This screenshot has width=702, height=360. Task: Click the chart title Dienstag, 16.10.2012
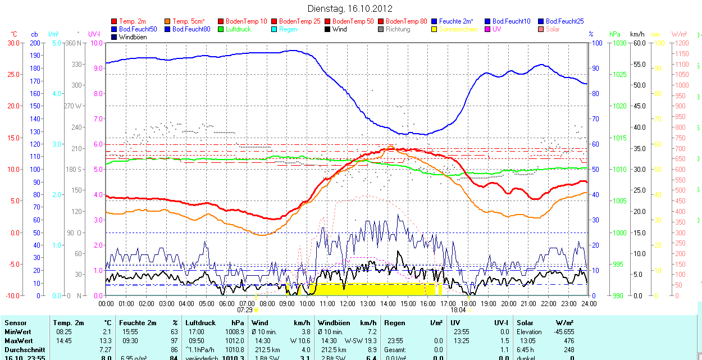coord(350,8)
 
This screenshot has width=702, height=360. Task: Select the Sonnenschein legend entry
coord(458,29)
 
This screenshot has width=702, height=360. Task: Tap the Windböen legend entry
coord(133,37)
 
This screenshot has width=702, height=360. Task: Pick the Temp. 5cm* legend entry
coord(188,21)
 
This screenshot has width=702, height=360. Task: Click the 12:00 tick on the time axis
coord(348,303)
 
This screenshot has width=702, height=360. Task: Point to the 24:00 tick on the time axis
coord(589,303)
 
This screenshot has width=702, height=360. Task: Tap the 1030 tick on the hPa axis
coord(619,43)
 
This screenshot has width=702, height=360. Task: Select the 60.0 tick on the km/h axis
coord(638,43)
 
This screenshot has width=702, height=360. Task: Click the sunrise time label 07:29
coord(245,309)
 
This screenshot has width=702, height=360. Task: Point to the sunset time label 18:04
coord(458,309)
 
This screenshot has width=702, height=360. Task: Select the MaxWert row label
coord(19,341)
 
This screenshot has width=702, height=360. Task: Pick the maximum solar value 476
coord(568,341)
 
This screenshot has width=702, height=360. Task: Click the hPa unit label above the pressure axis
coord(615,34)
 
